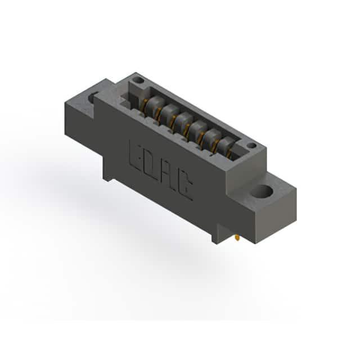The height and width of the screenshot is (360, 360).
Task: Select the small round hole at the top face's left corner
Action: pos(138,80)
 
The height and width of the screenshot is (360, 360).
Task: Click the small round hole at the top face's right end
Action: pos(252,146)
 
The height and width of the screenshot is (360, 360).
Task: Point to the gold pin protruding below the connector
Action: pos(237,238)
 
